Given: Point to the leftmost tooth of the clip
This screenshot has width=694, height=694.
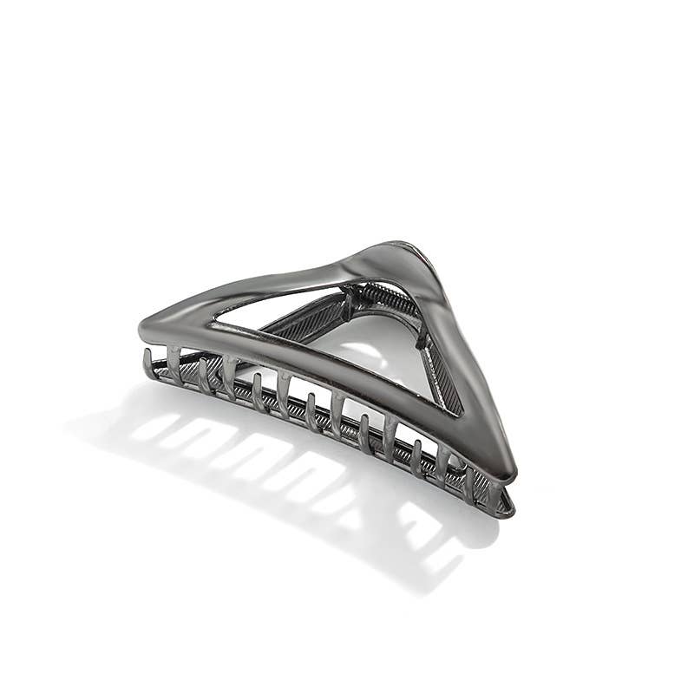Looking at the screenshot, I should pos(149,363).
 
